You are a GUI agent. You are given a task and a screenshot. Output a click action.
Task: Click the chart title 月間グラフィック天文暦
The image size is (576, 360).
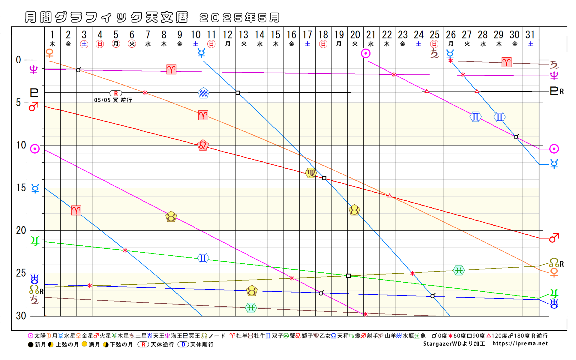[x=106, y=17]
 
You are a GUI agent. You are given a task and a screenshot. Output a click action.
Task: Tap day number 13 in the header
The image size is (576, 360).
[x=243, y=35]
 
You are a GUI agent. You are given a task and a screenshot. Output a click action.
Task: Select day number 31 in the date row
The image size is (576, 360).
[x=530, y=35]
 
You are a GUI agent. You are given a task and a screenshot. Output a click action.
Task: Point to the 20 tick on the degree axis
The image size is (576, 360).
[x=21, y=230]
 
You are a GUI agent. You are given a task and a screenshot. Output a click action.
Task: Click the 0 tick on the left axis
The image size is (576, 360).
[x=19, y=60]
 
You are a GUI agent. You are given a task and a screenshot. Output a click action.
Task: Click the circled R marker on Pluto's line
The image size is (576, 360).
[x=116, y=93]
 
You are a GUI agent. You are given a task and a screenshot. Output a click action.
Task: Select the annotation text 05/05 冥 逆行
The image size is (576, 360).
[x=113, y=100]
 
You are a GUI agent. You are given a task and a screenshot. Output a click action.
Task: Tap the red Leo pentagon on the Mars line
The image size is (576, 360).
[x=203, y=145]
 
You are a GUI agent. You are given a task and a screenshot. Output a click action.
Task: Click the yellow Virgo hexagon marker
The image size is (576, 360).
[x=310, y=173]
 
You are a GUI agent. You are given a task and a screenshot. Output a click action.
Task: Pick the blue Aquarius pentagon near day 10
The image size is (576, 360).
[x=203, y=93]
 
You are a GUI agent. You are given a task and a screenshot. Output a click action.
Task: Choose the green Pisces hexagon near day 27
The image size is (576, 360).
[x=459, y=270]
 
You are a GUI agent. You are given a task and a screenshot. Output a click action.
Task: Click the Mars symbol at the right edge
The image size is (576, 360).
[x=554, y=238]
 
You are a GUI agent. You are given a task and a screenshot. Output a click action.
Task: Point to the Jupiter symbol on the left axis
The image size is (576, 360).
[x=35, y=241]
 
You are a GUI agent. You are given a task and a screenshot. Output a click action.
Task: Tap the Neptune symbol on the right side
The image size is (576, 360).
[x=554, y=76]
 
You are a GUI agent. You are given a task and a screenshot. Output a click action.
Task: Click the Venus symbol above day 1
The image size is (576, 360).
[x=49, y=53]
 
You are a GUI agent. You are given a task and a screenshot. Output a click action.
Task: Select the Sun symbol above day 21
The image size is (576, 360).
[x=366, y=54]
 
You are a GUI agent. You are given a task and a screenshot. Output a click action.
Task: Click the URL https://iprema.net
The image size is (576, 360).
[x=520, y=343]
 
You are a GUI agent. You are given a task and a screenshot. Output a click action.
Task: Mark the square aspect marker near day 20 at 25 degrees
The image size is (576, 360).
[x=348, y=276]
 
